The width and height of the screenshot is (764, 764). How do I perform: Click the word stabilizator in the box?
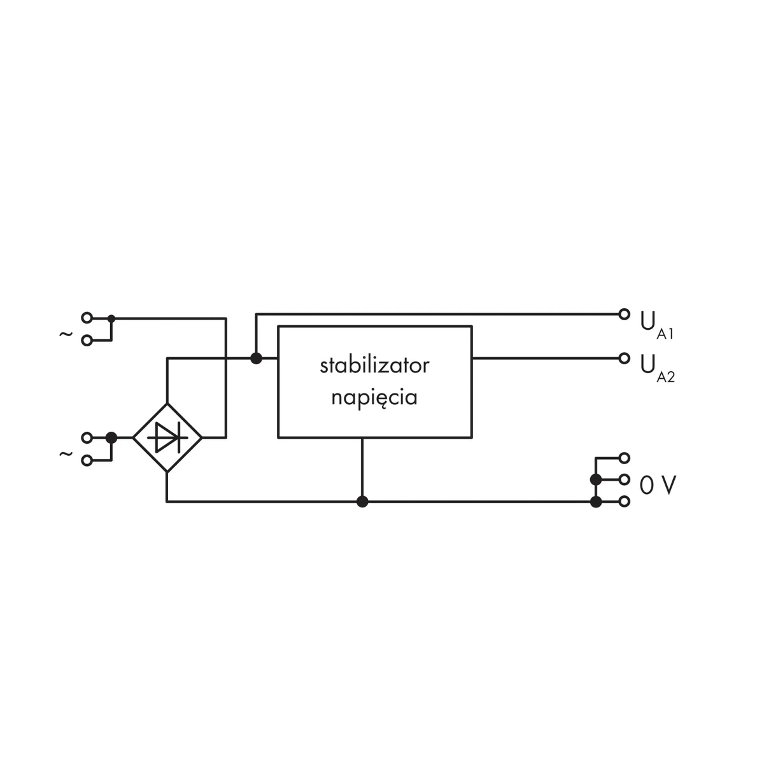point(374,366)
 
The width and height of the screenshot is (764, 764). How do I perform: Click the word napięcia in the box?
point(374,398)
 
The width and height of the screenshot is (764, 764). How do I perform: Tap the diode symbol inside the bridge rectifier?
point(167,437)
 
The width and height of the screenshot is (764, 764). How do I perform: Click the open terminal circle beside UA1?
point(624,314)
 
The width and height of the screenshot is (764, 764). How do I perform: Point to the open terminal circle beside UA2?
point(624,358)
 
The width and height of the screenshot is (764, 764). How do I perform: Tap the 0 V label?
point(658,486)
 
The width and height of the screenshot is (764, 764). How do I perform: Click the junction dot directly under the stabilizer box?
point(362,502)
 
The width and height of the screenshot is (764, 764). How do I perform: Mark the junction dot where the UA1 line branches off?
point(256,358)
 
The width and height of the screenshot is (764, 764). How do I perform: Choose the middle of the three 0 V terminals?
point(625,479)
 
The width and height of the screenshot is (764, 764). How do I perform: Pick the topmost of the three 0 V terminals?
point(625,458)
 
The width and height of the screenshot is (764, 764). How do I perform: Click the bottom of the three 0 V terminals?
point(625,502)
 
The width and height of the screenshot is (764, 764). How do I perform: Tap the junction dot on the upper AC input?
point(111,318)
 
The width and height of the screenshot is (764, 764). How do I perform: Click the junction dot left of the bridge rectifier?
point(111,437)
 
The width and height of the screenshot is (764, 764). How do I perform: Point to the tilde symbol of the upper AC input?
point(66,333)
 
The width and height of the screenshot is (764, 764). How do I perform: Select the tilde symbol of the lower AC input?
point(66,453)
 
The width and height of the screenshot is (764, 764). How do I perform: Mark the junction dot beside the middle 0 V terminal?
point(596,479)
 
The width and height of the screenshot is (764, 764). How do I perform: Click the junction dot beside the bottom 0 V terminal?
point(596,502)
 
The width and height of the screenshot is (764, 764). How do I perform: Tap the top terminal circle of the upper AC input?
point(87,318)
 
